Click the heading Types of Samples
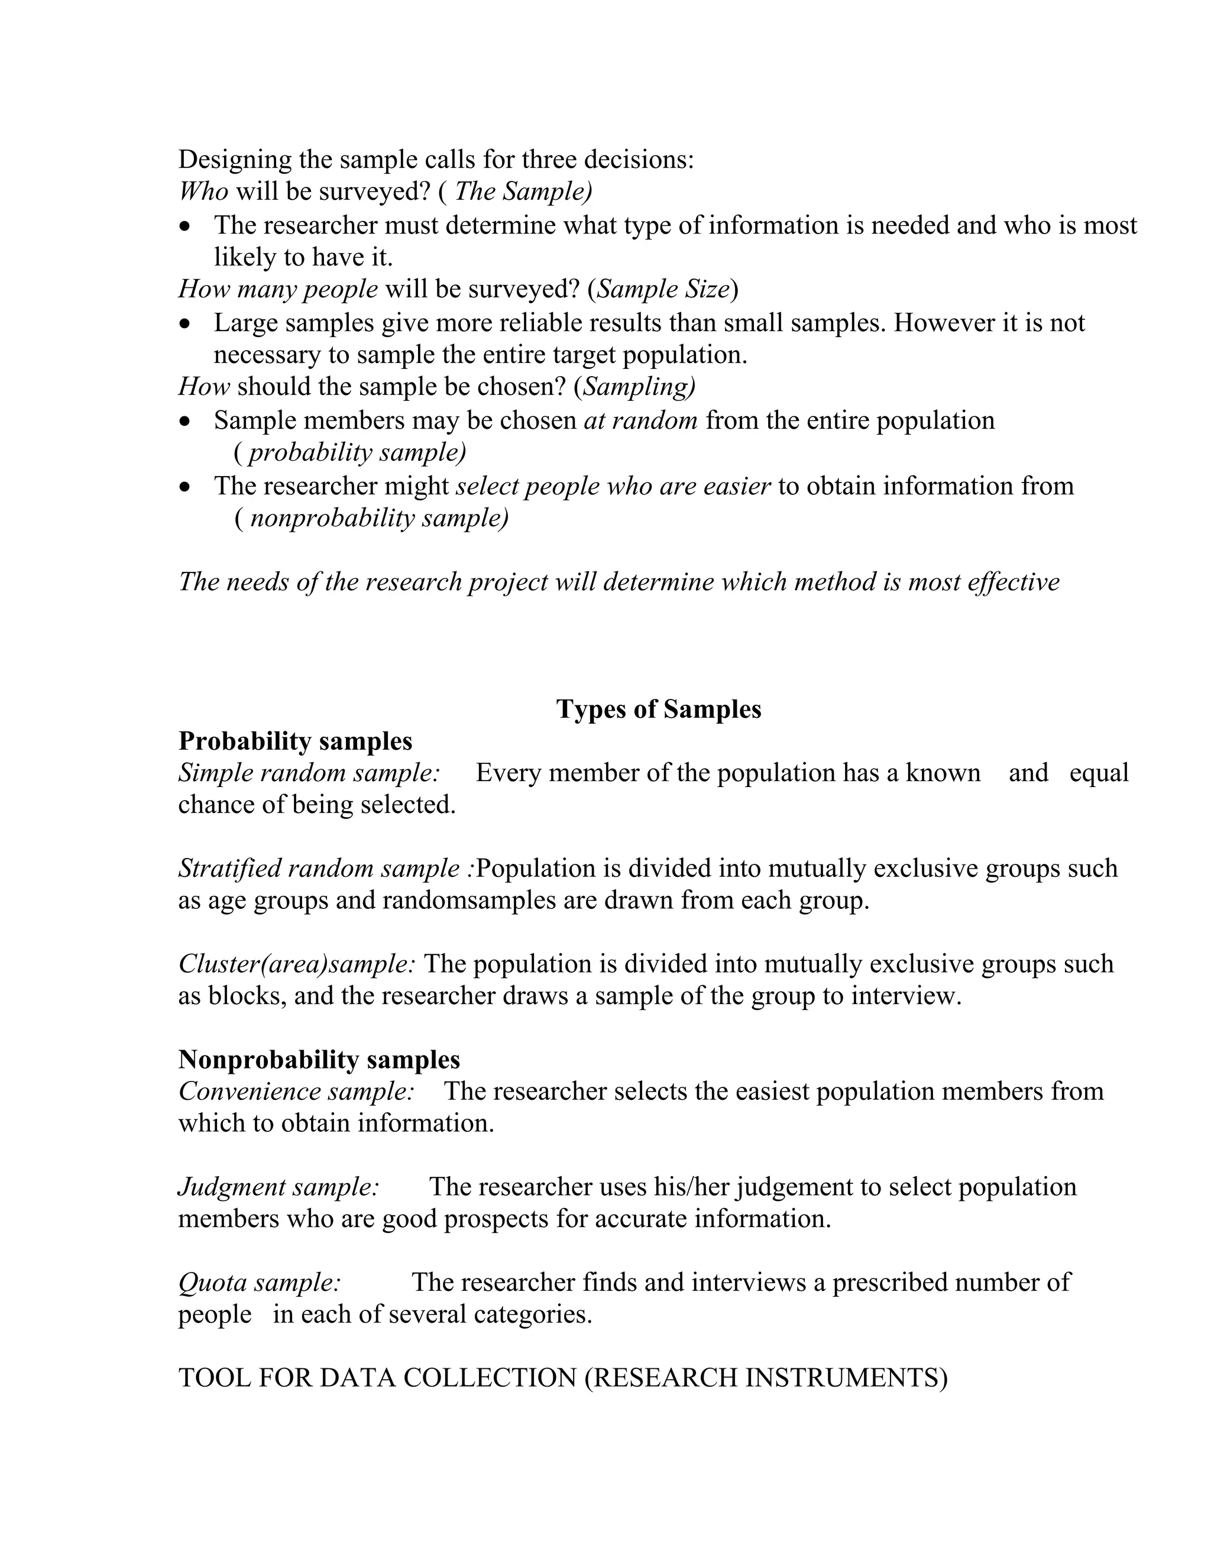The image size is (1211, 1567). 658,709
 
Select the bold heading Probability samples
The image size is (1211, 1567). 295,740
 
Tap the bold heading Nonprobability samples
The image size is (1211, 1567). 319,1059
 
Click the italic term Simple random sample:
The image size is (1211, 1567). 309,773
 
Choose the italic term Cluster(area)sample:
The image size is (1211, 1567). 296,964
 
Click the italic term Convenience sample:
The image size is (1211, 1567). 296,1092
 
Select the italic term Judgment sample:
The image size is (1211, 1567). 279,1187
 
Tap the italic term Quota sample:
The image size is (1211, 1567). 259,1282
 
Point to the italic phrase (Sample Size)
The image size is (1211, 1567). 663,289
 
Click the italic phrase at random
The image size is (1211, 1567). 640,420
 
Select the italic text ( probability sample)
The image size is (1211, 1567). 350,453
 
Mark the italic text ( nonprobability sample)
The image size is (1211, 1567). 371,518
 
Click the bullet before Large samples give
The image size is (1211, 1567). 186,324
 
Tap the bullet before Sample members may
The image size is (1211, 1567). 186,422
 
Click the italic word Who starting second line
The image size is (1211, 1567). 203,192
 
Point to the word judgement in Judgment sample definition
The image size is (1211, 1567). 798,1187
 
